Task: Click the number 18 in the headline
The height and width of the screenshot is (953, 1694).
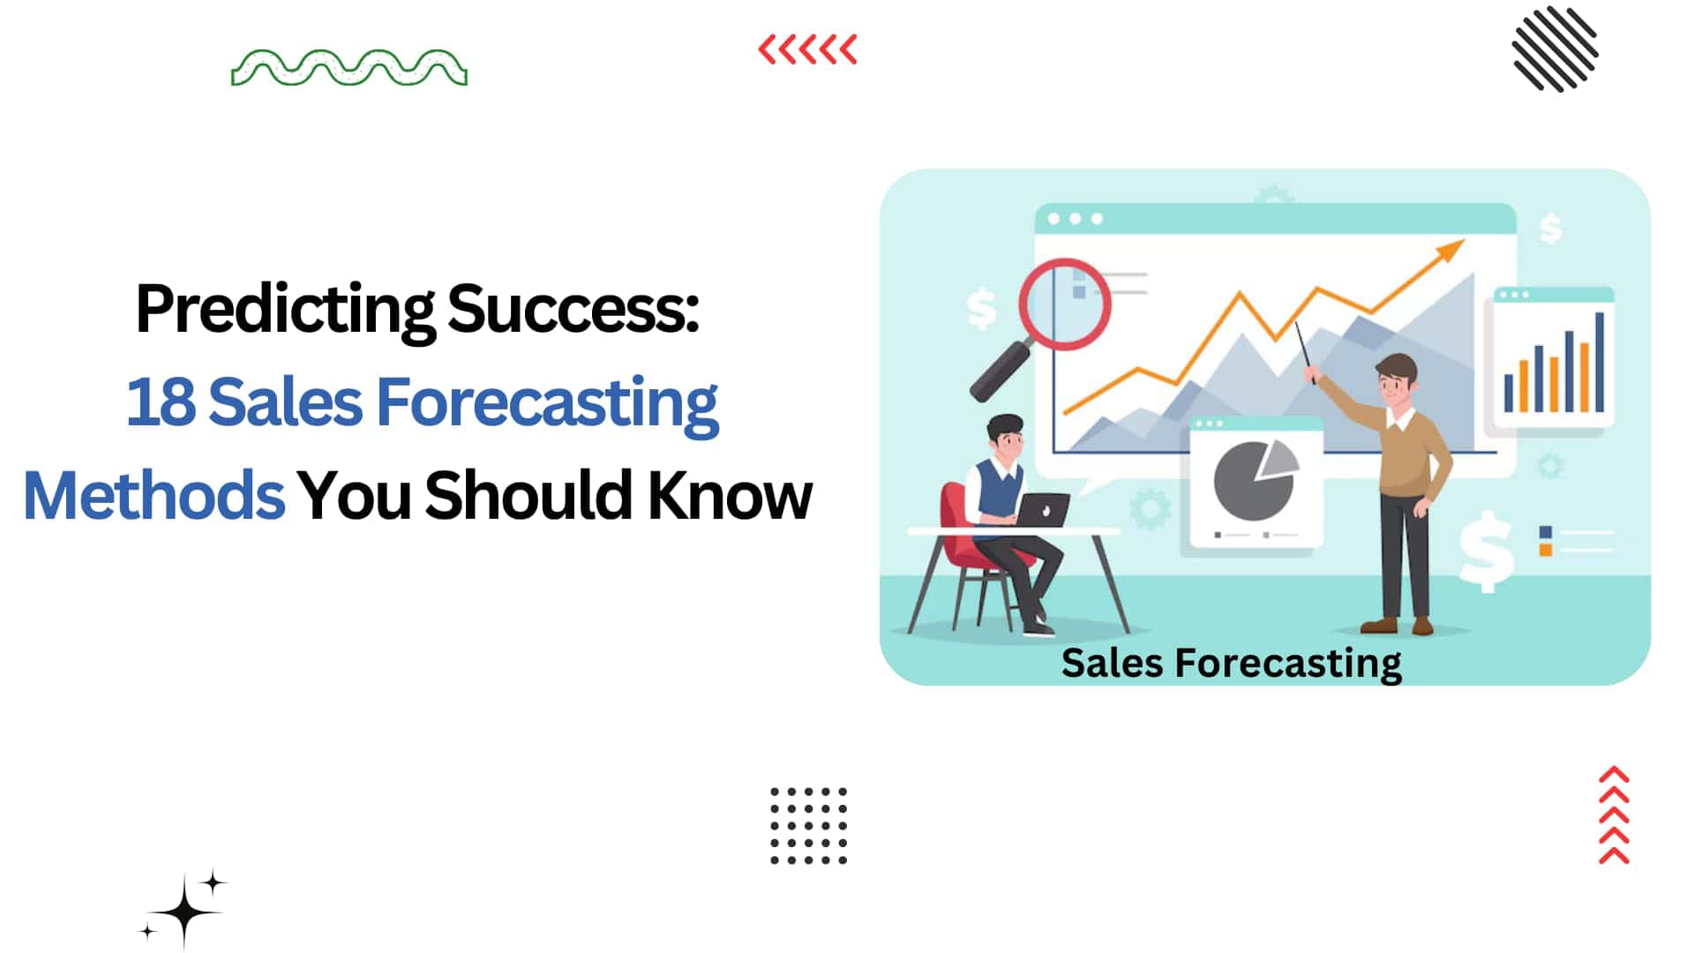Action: (161, 401)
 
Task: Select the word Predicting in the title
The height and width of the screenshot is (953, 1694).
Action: (285, 311)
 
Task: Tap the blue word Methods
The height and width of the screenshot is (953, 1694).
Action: (154, 495)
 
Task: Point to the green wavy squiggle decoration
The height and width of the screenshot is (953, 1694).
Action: (349, 68)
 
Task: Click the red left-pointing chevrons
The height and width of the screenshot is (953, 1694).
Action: (807, 49)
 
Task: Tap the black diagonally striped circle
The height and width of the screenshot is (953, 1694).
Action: (1555, 49)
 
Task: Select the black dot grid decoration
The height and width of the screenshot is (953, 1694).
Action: (808, 825)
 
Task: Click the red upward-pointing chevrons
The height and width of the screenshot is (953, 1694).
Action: (1614, 814)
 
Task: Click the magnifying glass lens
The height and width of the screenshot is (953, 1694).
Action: (1064, 304)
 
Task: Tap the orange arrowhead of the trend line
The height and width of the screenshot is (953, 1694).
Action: (1448, 251)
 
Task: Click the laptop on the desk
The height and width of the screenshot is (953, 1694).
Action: (1043, 510)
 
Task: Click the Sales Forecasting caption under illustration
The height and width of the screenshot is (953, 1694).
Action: (1232, 664)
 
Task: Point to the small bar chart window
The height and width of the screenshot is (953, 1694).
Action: (1554, 358)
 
